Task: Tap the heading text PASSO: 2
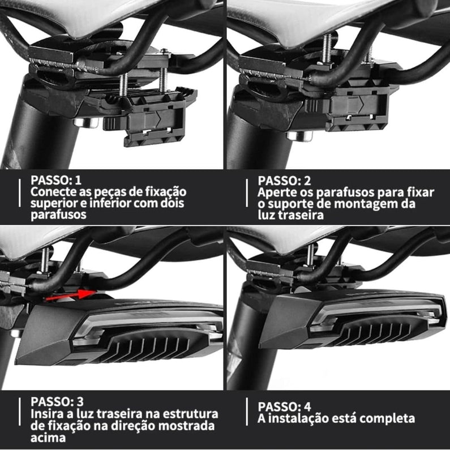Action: click(285, 181)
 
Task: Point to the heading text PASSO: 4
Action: click(285, 406)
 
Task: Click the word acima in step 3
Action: click(48, 438)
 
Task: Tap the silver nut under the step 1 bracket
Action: click(81, 122)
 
